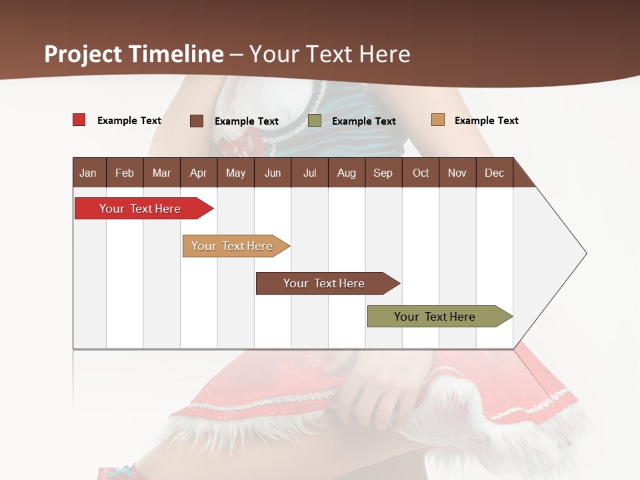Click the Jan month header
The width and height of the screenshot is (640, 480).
click(88, 173)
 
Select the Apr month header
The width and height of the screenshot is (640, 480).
click(198, 173)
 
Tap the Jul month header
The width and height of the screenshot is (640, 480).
click(309, 173)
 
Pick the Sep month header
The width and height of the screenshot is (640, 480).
click(383, 173)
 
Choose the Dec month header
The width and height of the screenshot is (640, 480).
click(494, 173)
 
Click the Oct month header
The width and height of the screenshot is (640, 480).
click(421, 173)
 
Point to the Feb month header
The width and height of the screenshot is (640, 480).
click(125, 173)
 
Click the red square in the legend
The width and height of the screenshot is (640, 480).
click(79, 120)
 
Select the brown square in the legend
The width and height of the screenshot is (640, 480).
click(196, 121)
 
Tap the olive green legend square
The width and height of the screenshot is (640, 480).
click(315, 120)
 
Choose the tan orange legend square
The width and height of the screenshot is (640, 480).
click(437, 120)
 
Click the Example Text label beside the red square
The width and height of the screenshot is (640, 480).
click(129, 121)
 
